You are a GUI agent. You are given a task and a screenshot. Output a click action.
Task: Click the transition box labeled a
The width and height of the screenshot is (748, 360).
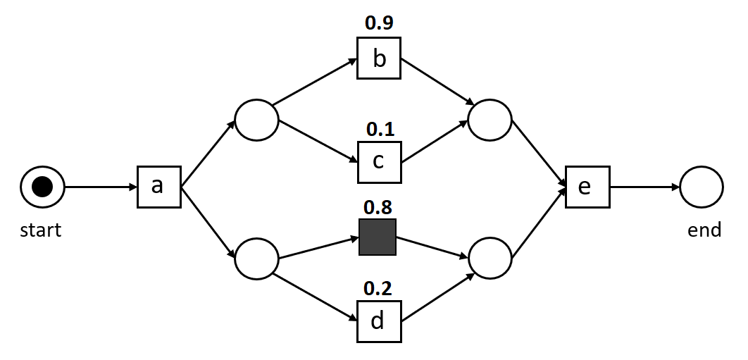tap(158, 187)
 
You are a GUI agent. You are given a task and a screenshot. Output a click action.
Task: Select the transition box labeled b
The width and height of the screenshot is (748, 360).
tap(379, 58)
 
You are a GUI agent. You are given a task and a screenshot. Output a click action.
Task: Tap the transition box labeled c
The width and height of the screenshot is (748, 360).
tap(379, 162)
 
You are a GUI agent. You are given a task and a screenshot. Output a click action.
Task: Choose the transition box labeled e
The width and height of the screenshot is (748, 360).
tap(587, 187)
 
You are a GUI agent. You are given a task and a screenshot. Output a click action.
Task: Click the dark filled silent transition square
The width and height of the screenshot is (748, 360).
tap(378, 237)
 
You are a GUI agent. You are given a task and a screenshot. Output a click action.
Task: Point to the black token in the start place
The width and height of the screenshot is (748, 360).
tap(42, 187)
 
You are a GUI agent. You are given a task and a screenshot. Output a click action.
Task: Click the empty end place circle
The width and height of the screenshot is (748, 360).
tap(702, 187)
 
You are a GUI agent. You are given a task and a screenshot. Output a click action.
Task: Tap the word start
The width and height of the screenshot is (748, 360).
tap(40, 230)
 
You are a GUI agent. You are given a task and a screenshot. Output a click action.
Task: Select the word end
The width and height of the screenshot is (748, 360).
tap(704, 230)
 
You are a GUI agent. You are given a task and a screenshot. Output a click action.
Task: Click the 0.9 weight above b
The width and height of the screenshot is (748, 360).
tap(379, 23)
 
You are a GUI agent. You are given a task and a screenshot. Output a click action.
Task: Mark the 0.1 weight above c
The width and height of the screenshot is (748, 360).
tap(380, 129)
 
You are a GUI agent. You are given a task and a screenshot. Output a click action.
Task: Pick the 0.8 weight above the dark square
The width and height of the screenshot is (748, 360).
tap(378, 207)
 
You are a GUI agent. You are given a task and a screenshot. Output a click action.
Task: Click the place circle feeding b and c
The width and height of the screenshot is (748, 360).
tap(256, 119)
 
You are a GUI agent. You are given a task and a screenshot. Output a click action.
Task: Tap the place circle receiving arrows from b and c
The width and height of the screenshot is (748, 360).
tap(490, 119)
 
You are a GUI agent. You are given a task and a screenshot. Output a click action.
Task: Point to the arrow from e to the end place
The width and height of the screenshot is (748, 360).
tap(644, 187)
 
